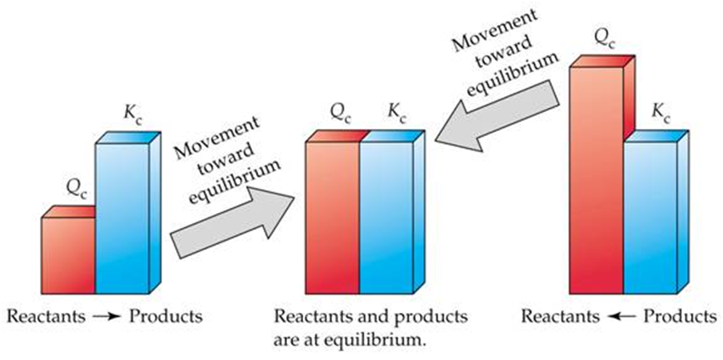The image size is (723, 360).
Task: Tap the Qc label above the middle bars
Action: tap(342, 113)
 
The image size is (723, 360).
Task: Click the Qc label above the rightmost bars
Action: tap(602, 38)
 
